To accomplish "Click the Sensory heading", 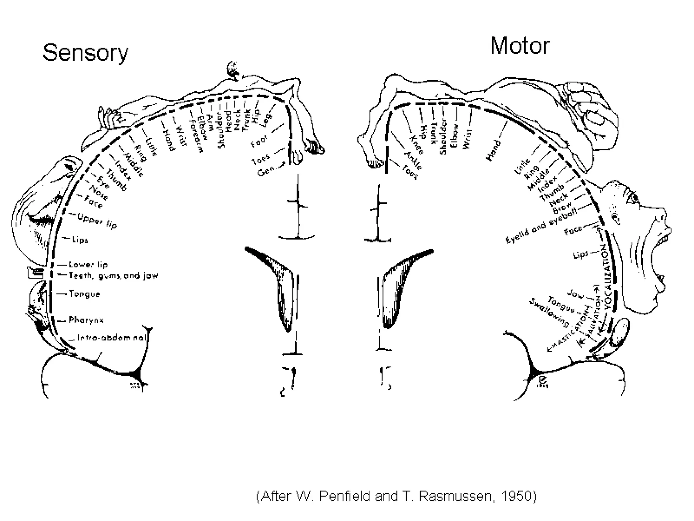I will [x=85, y=53].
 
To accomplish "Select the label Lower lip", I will [x=88, y=265].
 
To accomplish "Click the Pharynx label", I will [x=86, y=320].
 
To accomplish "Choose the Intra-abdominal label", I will [x=112, y=337].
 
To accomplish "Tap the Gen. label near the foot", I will [x=266, y=171].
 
